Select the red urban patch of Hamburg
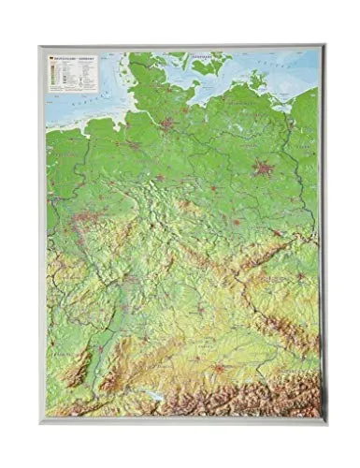(168, 124)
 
